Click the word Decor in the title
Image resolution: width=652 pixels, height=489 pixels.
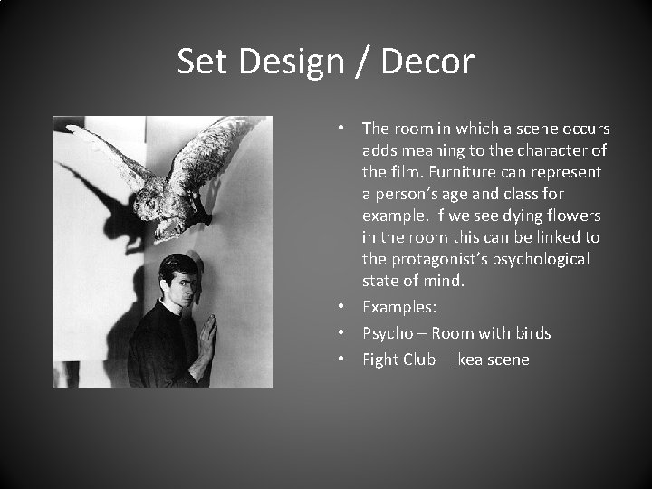[x=427, y=62]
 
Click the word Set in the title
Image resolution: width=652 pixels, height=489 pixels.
[x=198, y=62]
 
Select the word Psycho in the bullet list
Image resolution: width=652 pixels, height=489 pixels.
[x=388, y=333]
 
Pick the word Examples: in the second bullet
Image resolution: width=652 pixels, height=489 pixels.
[x=399, y=308]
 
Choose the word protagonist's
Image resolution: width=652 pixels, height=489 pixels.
[x=436, y=259]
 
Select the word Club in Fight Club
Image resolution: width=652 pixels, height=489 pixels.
[x=419, y=360]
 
